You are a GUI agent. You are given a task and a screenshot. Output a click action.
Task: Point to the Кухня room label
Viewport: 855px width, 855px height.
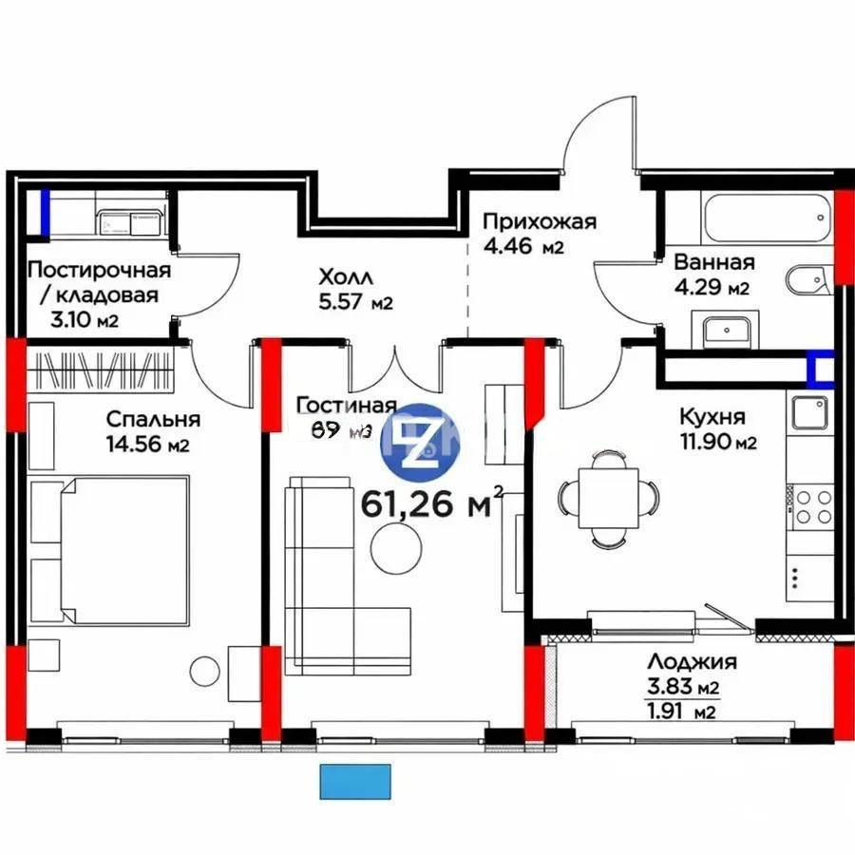pyautogui.click(x=712, y=416)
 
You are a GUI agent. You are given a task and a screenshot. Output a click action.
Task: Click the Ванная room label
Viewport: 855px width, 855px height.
pyautogui.click(x=713, y=262)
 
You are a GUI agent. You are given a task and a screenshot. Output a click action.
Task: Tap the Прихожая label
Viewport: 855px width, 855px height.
pyautogui.click(x=539, y=222)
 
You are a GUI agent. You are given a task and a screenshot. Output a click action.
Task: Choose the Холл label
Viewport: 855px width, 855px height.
pyautogui.click(x=346, y=277)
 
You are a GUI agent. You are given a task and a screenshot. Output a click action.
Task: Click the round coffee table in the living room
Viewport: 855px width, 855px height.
pyautogui.click(x=395, y=550)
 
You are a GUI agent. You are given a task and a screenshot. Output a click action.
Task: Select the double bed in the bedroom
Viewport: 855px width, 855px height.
pyautogui.click(x=109, y=549)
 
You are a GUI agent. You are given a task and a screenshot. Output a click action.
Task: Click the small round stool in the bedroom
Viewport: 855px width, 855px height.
pyautogui.click(x=204, y=671)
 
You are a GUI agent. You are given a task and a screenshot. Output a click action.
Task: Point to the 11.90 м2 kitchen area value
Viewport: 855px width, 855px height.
pyautogui.click(x=717, y=443)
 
